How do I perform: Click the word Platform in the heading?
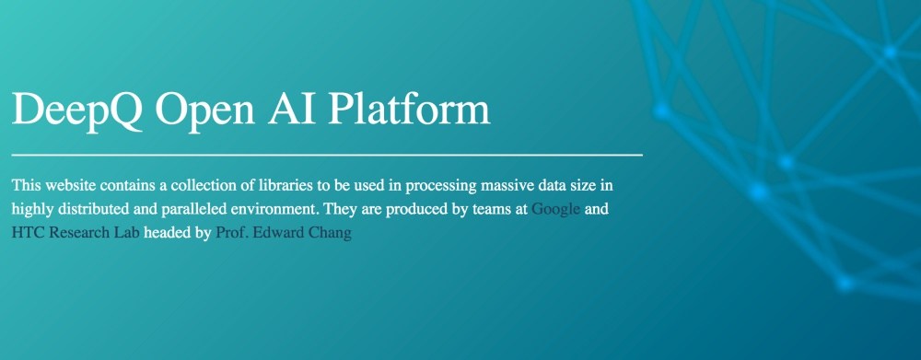coord(408,109)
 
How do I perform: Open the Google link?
coord(555,209)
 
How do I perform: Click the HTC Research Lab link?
coord(76,233)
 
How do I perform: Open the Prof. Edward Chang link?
coord(284,233)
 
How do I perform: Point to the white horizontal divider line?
coord(327,155)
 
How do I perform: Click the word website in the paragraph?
coord(69,186)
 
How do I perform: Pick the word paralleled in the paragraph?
coord(174,210)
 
